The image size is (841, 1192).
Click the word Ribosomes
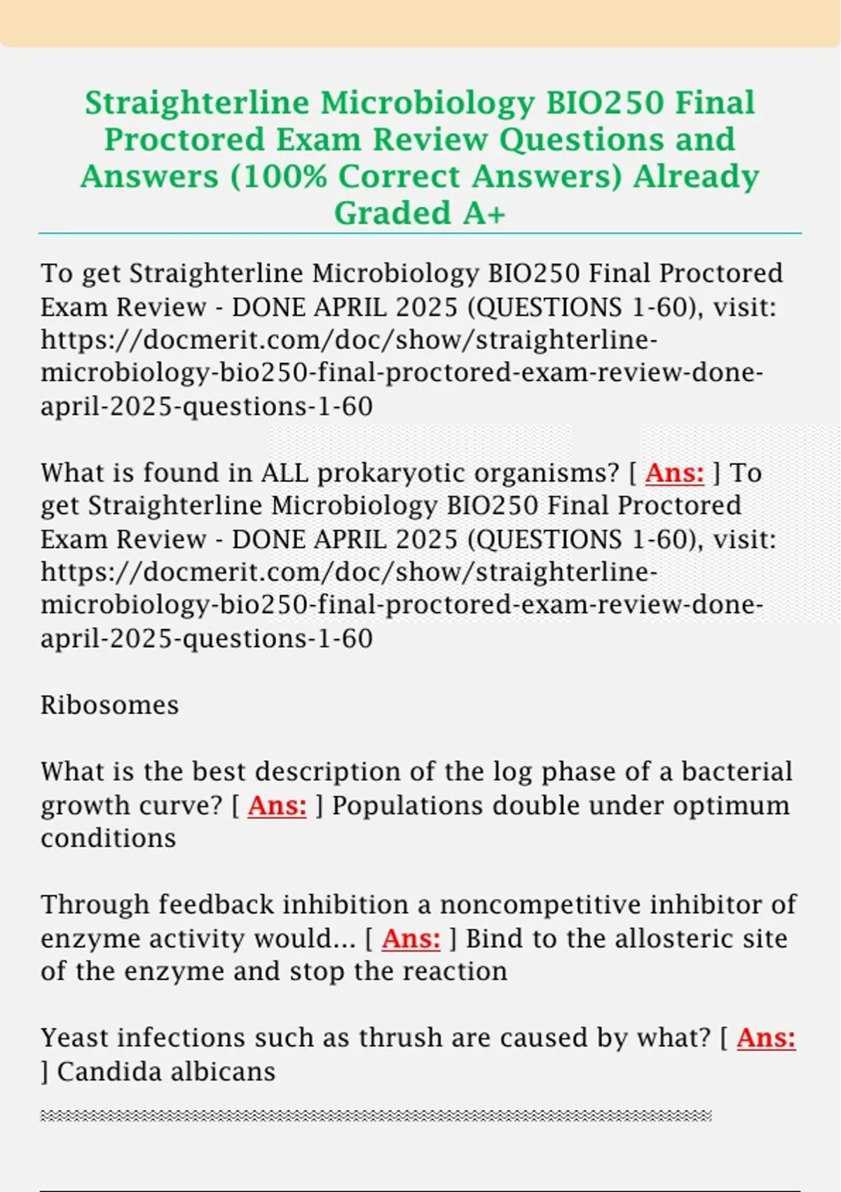click(x=110, y=705)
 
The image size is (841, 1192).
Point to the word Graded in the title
click(x=392, y=213)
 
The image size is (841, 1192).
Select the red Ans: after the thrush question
click(x=766, y=1038)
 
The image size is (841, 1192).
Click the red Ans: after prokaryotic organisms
click(x=674, y=473)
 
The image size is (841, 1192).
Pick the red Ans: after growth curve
click(x=277, y=805)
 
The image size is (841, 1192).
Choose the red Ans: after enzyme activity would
click(x=411, y=938)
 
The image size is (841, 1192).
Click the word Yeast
click(x=72, y=1038)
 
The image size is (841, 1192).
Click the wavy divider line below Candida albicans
click(x=376, y=1116)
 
